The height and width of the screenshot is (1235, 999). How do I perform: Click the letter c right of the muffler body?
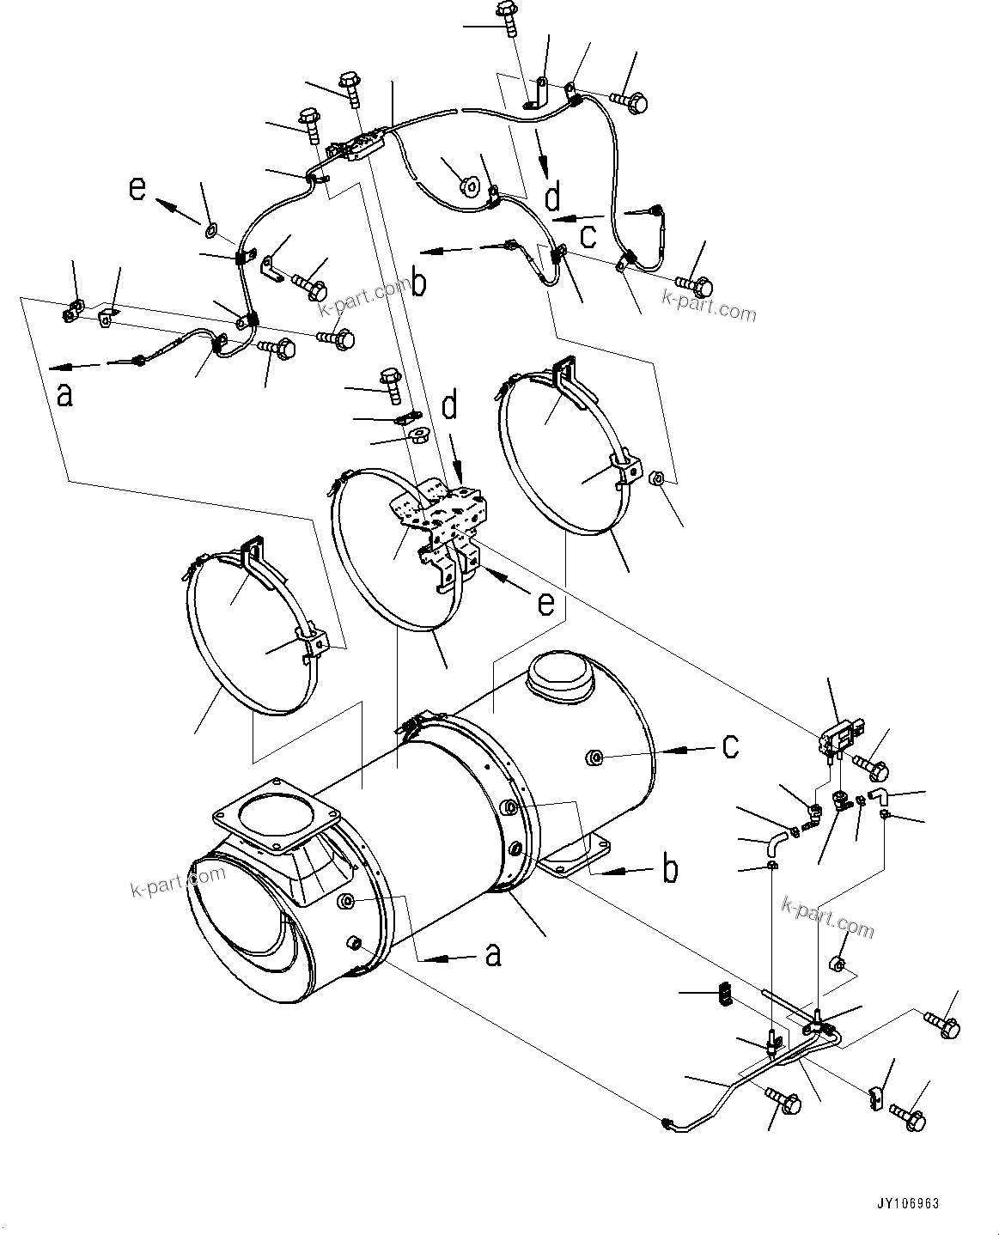click(x=729, y=746)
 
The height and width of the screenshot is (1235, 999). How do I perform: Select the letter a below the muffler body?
click(x=492, y=953)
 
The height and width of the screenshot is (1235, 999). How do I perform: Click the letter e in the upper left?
click(x=137, y=187)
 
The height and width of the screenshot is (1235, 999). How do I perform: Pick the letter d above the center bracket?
click(x=448, y=406)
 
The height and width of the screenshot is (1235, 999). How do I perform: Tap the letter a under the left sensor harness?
click(x=64, y=395)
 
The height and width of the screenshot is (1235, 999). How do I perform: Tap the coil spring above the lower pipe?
click(x=722, y=994)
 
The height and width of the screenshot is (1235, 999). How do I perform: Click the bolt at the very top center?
click(x=504, y=16)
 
